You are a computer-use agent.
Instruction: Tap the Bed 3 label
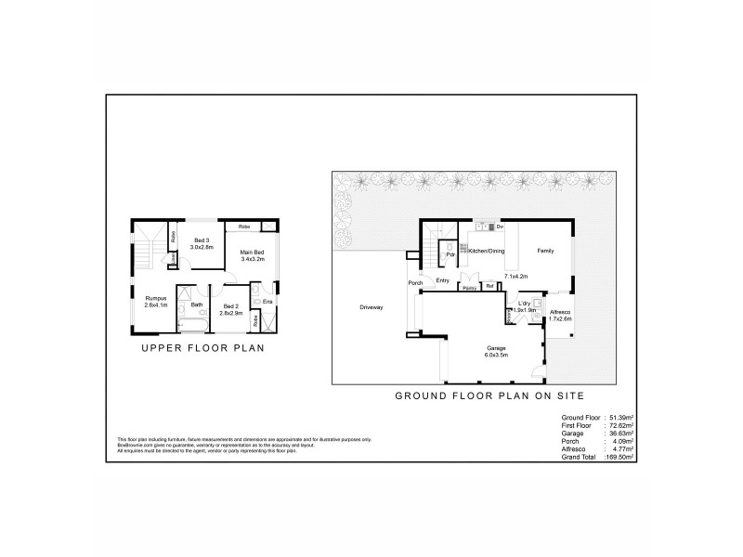[x=202, y=242]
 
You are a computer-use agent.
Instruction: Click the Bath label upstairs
[x=197, y=304]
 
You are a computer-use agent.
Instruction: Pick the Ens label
[x=267, y=302]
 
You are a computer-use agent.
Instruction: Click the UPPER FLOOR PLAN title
[x=203, y=349]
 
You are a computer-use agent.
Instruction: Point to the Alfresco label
[x=560, y=312]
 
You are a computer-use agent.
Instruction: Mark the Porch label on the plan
[x=415, y=282]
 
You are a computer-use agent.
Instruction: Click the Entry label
[x=442, y=280]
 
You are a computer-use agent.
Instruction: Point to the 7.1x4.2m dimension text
[x=515, y=276]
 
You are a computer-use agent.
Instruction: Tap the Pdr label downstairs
[x=450, y=254]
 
